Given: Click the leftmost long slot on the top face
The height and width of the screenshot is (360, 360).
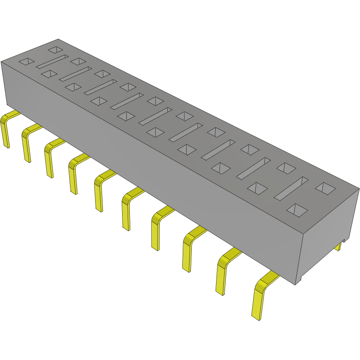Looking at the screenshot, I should [52, 61].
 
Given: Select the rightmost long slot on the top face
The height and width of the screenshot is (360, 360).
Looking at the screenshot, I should [291, 188].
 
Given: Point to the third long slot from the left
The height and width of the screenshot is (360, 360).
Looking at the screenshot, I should [100, 87].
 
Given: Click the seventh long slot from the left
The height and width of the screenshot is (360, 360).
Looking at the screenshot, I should [218, 149].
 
